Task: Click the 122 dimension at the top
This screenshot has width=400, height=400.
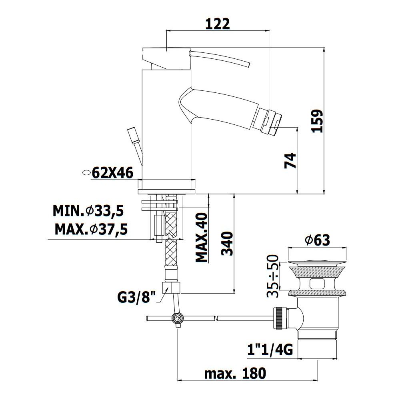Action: (x=218, y=24)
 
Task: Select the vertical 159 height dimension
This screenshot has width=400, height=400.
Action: (x=317, y=121)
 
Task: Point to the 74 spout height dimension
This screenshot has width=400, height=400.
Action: (x=290, y=160)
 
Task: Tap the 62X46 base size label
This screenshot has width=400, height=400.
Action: (x=112, y=173)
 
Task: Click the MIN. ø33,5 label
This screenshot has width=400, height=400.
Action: (x=88, y=211)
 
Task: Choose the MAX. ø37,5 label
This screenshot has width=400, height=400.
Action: (x=91, y=229)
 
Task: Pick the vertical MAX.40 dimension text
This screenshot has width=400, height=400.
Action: (x=202, y=238)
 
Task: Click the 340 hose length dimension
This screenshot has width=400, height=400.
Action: (x=227, y=243)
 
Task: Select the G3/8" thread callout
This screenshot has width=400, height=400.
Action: (x=136, y=297)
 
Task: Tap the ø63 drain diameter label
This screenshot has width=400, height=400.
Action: (x=318, y=240)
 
